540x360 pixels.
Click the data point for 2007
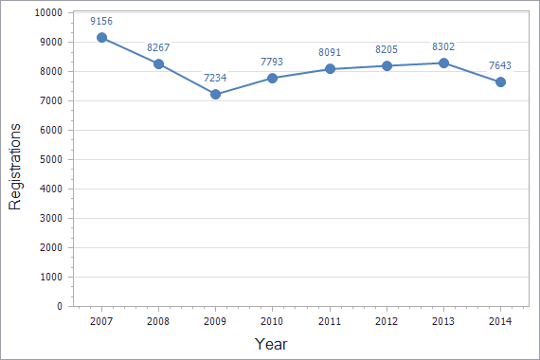point(101,38)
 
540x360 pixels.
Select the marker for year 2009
point(215,95)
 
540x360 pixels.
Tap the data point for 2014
point(500,82)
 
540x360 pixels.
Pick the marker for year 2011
point(330,69)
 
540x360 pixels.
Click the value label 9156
point(101,21)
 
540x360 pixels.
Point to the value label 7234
point(215,78)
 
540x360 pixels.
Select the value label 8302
point(443,45)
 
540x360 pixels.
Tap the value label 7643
point(500,65)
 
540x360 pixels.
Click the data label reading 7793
point(272,62)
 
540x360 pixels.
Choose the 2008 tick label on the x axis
point(158,322)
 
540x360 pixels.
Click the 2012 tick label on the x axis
point(387,322)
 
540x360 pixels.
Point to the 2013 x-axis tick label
point(443,322)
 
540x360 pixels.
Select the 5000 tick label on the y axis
point(50,160)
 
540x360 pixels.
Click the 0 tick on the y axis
point(59,307)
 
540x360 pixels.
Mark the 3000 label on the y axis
point(50,219)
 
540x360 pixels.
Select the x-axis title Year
point(271,344)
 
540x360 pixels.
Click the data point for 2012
point(387,66)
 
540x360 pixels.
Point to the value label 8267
point(158,46)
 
